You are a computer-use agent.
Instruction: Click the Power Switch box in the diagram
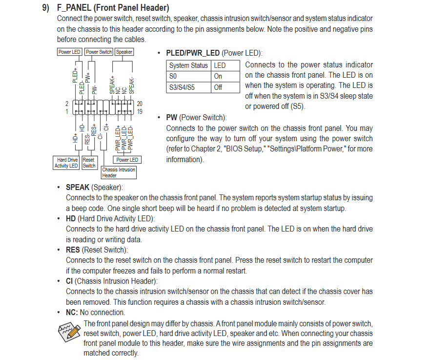coord(99,52)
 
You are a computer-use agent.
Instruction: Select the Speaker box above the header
coord(124,52)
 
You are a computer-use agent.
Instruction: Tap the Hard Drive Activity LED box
coord(67,163)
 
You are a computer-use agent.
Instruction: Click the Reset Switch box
coord(89,163)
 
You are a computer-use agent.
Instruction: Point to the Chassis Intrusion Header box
coord(119,172)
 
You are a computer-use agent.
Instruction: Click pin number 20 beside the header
coord(140,104)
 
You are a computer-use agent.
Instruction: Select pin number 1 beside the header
coord(67,111)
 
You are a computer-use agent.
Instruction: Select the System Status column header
coord(188,65)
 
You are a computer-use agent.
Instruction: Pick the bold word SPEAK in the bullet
coord(78,187)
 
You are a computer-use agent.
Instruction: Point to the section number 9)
coord(45,8)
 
